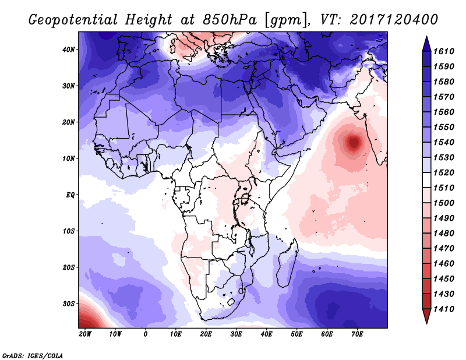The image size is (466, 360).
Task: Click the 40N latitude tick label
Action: pos(69,50)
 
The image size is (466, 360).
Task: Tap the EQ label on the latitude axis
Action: pos(70,195)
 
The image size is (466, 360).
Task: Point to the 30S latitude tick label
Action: pos(69,304)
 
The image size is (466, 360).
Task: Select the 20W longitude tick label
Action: pos(85,334)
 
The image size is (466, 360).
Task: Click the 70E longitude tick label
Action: pos(357,334)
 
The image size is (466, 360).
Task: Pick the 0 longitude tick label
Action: pos(145,334)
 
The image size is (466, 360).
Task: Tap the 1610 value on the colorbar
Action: pos(444,51)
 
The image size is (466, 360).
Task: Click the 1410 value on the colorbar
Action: pos(444,309)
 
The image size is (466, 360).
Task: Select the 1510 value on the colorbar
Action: pos(444,188)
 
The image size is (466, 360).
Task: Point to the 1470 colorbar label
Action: pos(444,249)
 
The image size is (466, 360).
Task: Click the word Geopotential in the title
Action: pos(73,20)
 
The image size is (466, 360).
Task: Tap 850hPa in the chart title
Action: pos(230,20)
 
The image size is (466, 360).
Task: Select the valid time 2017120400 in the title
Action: pos(394,20)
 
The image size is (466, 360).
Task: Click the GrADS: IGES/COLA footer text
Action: pos(33,356)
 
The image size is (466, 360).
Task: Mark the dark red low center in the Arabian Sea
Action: pos(354,143)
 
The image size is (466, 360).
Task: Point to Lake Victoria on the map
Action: pos(245,198)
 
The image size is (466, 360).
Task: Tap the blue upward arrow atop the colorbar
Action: pos(426,44)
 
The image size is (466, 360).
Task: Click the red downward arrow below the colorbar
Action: pos(426,316)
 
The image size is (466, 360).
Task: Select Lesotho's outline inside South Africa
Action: pos(231,302)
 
